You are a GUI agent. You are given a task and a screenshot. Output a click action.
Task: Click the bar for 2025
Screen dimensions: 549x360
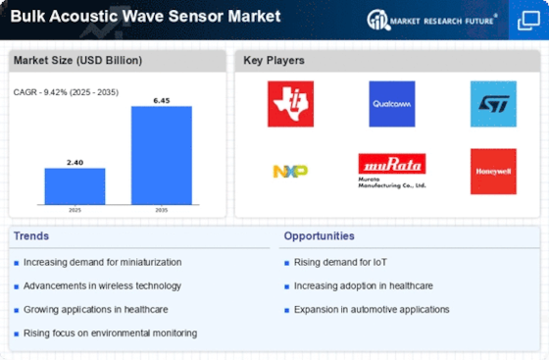coord(75,186)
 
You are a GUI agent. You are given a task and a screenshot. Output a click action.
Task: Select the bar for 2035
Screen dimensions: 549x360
coord(162,155)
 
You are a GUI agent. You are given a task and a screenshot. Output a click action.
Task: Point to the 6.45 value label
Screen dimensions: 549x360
coord(162,101)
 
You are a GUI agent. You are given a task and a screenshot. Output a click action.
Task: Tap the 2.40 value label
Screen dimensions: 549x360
coord(75,163)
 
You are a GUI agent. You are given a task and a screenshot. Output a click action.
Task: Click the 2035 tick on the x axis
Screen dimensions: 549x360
coord(162,210)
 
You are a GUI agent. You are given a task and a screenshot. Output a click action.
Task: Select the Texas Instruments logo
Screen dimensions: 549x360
coord(290,104)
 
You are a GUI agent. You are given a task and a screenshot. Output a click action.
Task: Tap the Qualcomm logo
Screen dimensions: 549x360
coord(392,104)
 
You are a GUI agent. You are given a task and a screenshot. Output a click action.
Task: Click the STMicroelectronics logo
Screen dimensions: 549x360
coord(493,104)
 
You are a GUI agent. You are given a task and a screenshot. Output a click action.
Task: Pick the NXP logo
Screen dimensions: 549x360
coord(290,172)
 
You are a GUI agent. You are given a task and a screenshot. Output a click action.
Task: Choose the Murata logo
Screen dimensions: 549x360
coord(392,171)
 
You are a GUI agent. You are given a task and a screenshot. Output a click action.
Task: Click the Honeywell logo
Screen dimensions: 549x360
coord(493,172)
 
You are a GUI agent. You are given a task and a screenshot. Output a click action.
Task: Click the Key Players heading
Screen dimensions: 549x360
coord(274,60)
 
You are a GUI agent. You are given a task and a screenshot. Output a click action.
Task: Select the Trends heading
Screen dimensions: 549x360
coord(31,236)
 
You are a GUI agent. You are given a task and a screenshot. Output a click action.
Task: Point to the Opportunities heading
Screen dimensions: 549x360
coord(319,236)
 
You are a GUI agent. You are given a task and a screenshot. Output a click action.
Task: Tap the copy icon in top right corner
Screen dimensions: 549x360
coord(528,21)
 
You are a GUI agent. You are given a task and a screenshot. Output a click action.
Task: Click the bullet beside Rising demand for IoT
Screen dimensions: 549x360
coord(286,263)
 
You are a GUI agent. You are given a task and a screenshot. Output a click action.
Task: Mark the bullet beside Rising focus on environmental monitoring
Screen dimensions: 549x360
coord(16,334)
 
